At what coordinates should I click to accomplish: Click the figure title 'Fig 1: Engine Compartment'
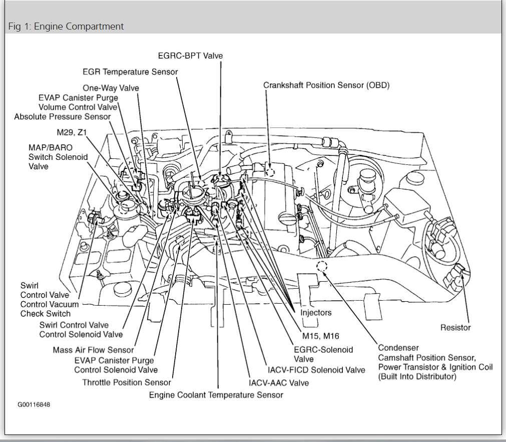point(66,26)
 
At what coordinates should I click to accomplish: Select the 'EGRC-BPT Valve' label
point(190,56)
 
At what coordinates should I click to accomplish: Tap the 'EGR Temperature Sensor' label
point(130,72)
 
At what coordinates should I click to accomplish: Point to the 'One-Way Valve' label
point(111,88)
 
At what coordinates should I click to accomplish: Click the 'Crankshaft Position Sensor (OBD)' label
point(326,85)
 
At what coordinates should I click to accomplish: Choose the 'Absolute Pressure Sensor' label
point(63,117)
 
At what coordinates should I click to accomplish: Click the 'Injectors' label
point(316,312)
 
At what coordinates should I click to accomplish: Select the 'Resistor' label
point(455,327)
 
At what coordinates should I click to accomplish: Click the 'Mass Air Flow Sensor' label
point(94,350)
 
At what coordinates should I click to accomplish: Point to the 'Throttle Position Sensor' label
point(127,382)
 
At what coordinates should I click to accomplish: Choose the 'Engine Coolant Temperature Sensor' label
point(216,395)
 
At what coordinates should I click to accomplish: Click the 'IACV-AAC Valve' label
point(279,382)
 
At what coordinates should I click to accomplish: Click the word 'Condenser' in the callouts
point(398,347)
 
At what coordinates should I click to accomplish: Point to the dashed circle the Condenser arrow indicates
point(321,266)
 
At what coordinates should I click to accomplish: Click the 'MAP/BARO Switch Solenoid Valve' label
point(58,157)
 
